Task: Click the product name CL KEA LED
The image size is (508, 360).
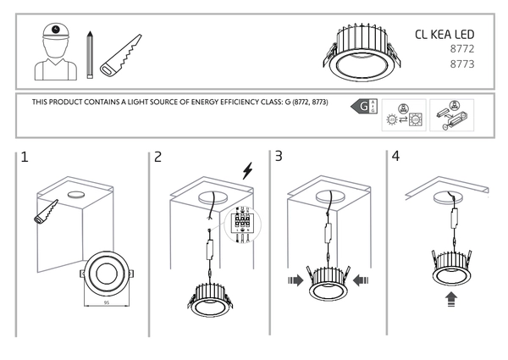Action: coord(444,35)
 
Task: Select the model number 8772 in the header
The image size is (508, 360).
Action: coord(461,50)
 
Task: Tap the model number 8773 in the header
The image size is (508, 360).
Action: coord(461,64)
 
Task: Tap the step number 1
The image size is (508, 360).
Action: coord(25,157)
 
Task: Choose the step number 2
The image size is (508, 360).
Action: coord(157,157)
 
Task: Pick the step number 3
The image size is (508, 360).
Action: coord(279,157)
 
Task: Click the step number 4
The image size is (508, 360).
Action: coord(395,157)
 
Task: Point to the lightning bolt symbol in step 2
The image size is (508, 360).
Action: coord(247,171)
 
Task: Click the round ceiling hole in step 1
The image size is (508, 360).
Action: coord(75,195)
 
